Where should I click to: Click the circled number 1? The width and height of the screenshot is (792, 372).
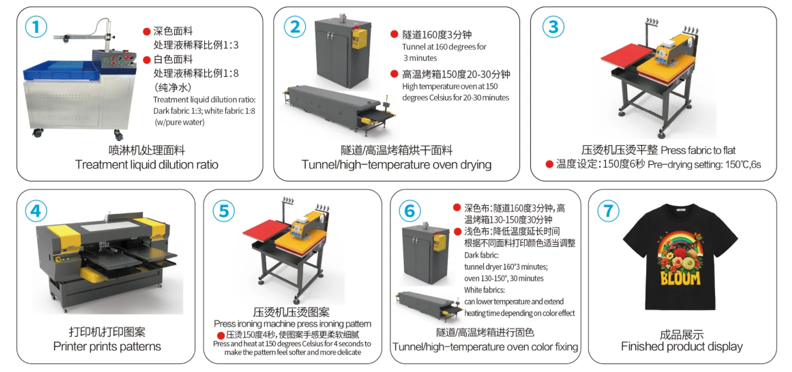[36, 27]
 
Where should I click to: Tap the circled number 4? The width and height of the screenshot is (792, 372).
[36, 211]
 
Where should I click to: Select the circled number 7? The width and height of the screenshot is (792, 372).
[608, 211]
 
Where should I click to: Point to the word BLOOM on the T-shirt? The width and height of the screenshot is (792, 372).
[680, 278]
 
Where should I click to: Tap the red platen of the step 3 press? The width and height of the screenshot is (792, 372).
[627, 56]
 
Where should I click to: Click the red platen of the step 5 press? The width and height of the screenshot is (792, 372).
[267, 232]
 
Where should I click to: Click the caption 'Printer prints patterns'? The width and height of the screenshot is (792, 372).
[107, 346]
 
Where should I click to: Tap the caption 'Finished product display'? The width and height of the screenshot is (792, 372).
[682, 346]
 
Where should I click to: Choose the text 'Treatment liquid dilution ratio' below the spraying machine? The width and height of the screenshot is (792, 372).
[146, 165]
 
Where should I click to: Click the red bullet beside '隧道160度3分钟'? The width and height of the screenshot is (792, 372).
[394, 34]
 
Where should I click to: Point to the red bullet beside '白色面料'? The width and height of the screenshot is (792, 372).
[147, 60]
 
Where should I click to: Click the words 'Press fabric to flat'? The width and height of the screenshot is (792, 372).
[698, 150]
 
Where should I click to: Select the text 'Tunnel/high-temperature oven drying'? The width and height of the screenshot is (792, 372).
[397, 165]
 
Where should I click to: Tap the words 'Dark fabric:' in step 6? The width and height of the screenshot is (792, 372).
[482, 255]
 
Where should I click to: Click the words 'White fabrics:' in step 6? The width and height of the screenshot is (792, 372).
[484, 290]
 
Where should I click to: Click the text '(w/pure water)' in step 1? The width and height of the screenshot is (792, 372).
[179, 122]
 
